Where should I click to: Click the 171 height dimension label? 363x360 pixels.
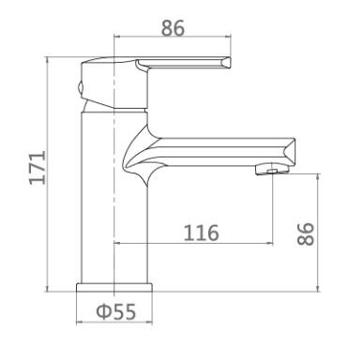38,168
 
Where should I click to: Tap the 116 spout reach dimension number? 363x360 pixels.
201,233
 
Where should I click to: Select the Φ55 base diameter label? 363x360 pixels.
116,311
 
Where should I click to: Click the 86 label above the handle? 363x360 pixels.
173,28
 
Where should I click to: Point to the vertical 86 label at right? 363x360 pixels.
306,233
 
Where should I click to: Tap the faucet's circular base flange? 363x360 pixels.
114,288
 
